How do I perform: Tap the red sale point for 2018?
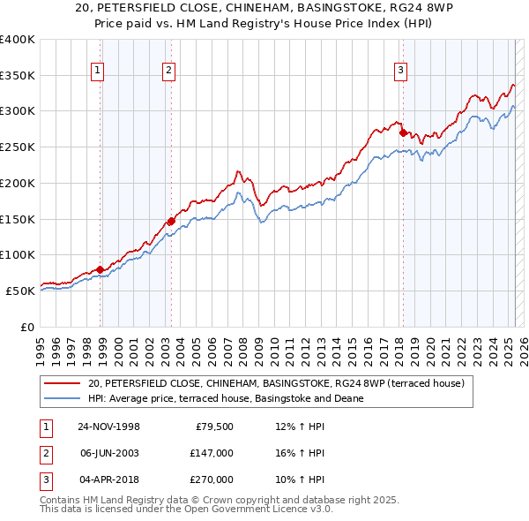(x=403, y=133)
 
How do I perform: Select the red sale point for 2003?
(x=171, y=222)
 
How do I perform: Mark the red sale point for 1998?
(x=101, y=269)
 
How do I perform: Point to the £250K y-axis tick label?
(x=17, y=147)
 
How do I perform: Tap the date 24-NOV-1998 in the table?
(x=109, y=427)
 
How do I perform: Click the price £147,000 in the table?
(x=212, y=453)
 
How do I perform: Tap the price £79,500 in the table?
(x=214, y=427)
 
